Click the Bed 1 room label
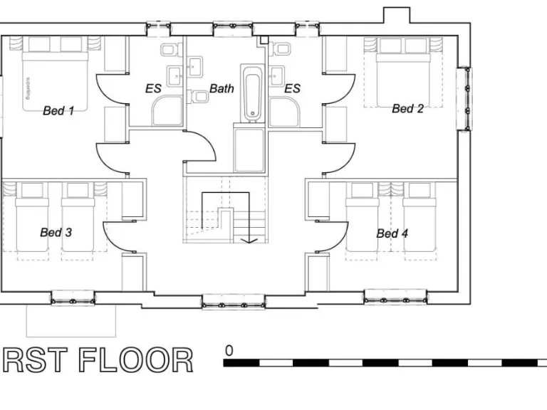58,110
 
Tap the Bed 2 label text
407,109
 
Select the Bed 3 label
56,232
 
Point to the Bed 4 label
392,233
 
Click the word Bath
222,89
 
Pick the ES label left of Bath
153,89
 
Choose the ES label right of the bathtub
292,89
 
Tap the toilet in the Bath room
201,97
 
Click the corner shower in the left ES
166,111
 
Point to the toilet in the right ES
283,50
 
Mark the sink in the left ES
174,75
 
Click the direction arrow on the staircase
250,241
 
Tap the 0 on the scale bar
229,350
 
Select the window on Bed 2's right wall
464,98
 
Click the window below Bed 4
395,297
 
